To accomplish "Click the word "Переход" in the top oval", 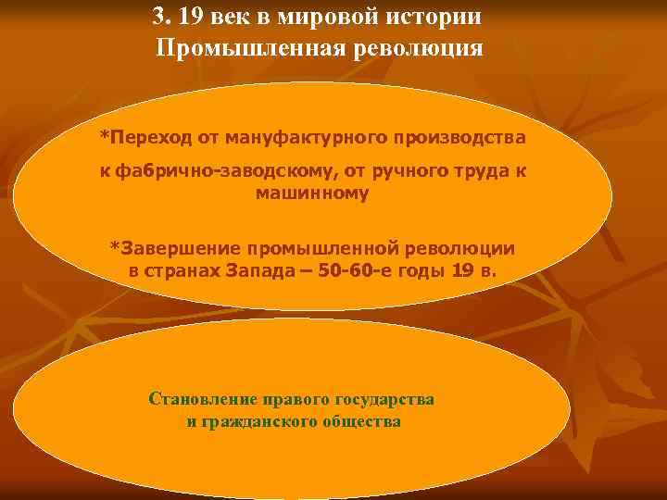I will click(x=151, y=137).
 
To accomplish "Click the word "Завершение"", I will click(x=176, y=248).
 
